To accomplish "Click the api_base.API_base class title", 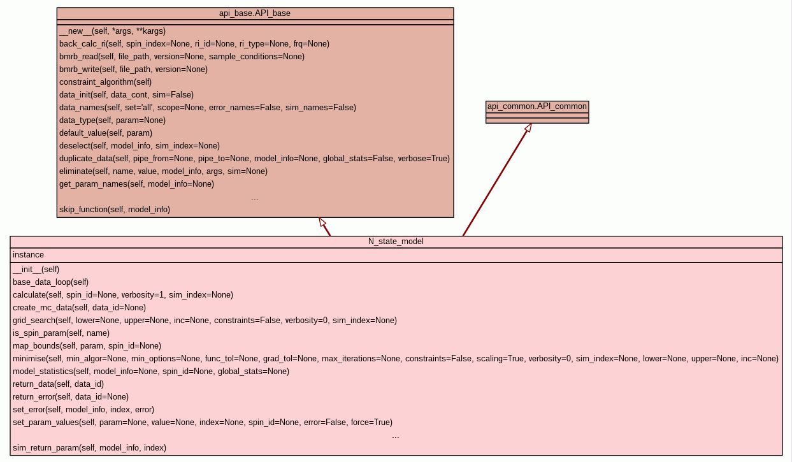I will (255, 13).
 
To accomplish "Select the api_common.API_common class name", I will (537, 106).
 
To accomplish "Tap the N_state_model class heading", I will (396, 242).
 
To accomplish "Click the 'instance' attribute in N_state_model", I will (28, 255).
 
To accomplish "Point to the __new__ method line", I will (112, 31).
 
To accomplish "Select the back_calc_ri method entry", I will (194, 43).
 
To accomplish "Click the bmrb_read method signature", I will (182, 56).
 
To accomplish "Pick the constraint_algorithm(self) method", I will (105, 82).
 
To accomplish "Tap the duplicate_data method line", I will (254, 158).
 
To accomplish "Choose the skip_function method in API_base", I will (115, 209).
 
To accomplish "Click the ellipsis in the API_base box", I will (255, 198).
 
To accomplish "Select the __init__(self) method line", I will (36, 270).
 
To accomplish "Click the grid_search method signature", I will (205, 321).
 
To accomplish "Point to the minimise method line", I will (395, 359).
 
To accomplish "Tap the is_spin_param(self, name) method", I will (61, 333).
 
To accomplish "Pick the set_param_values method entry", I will (203, 422).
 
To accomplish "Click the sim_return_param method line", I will (89, 448).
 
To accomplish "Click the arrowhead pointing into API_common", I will (528, 127).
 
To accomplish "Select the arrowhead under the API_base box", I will (322, 222).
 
